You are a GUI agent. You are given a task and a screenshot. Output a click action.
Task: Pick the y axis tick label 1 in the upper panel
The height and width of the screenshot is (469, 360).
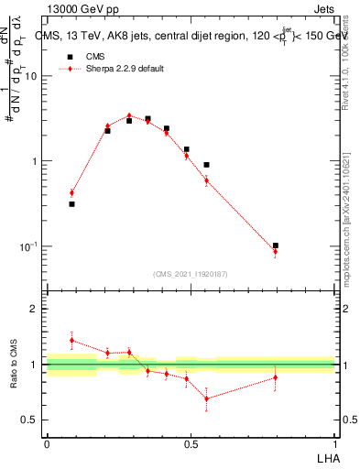point(37,162)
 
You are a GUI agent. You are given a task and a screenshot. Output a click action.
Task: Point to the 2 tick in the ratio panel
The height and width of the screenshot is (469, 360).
point(36,309)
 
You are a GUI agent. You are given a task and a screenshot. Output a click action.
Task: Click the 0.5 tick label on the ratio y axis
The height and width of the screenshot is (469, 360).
point(30,420)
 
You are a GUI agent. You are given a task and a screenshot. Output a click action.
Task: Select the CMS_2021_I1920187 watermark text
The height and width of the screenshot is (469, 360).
point(191,274)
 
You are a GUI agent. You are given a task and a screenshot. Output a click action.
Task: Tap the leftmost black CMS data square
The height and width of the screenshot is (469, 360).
point(71,204)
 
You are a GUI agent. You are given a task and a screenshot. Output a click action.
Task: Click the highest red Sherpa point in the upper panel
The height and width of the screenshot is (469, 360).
point(129,115)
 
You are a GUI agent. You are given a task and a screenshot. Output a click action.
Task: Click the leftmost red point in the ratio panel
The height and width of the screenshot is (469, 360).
point(71,340)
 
